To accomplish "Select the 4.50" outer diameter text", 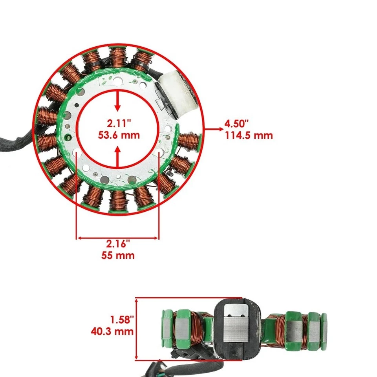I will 236,124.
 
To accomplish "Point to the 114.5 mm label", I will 249,136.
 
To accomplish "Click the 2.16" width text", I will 117,244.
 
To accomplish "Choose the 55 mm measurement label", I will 117,256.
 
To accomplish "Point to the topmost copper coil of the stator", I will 117,57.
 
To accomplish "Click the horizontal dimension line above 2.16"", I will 117,238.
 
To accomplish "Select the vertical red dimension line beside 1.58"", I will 136,328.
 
